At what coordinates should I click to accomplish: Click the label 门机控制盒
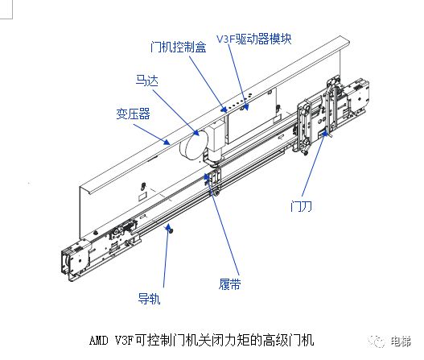179,47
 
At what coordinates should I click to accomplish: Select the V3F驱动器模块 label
254,39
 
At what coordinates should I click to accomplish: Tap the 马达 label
147,80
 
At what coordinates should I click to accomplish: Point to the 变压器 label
133,114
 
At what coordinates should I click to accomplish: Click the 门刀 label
301,206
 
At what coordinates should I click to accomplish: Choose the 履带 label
229,284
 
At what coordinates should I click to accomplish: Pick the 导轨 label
149,299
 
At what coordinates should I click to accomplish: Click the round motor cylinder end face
193,147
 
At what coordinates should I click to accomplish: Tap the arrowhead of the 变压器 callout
167,142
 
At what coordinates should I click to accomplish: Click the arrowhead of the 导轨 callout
167,227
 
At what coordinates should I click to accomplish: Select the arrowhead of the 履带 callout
207,177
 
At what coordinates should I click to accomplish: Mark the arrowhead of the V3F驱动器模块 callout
245,107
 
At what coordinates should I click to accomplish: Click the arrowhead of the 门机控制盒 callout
224,109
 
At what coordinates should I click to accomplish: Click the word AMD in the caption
99,341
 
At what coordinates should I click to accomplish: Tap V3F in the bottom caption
125,341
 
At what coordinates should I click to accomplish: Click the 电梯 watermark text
401,341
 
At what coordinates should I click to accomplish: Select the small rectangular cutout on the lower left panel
142,197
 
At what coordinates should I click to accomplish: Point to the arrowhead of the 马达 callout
196,132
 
